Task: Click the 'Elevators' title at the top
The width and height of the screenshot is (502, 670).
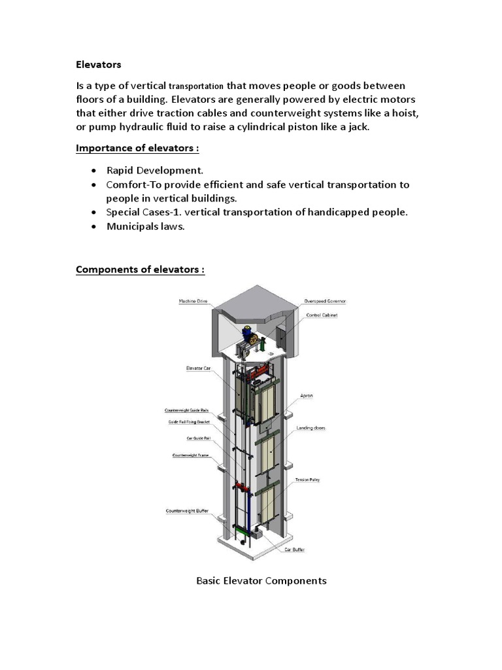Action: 99,65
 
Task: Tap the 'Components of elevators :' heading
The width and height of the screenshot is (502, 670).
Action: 141,270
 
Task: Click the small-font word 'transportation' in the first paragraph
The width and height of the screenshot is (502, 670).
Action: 196,86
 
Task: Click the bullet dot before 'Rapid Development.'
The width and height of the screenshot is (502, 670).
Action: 94,171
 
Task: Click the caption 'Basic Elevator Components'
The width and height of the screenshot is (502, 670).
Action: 261,580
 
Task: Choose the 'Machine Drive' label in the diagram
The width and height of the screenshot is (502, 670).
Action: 193,301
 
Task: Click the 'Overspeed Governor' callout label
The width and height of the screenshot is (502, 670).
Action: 325,301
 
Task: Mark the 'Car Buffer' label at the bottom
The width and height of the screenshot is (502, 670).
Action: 294,550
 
